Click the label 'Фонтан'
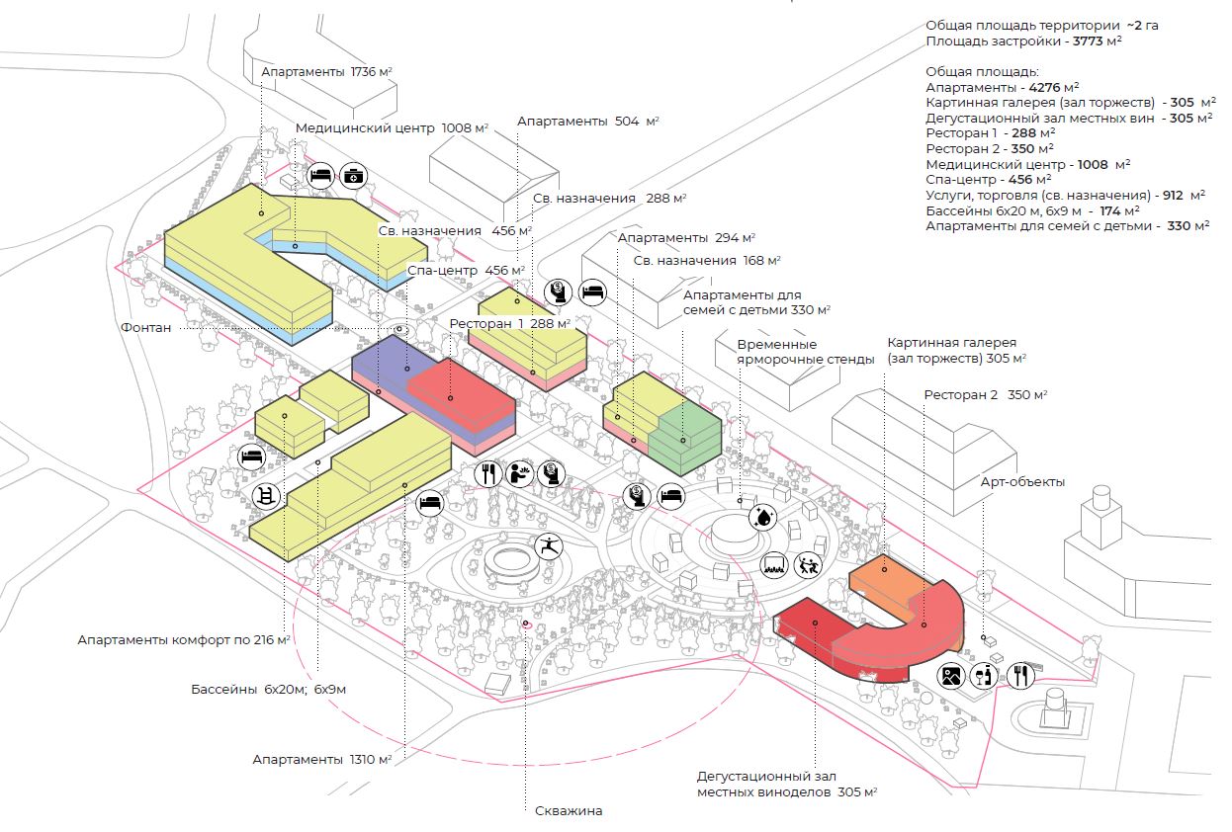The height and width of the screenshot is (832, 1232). point(146,327)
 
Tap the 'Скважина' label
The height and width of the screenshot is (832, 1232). point(568,811)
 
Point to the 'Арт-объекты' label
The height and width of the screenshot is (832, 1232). point(1022,482)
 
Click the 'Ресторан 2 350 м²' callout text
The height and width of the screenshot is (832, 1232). point(986,394)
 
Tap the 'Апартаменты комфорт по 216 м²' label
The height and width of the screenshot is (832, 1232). point(184,639)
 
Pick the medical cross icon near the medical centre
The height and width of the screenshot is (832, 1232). point(352,177)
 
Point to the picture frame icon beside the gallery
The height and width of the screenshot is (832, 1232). point(952,676)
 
